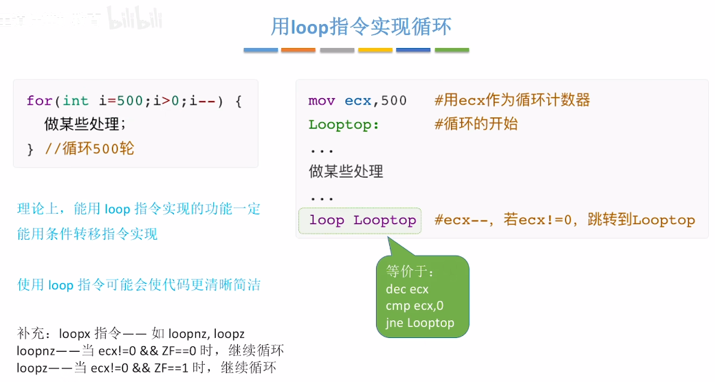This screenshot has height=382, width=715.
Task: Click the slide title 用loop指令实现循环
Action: (x=361, y=27)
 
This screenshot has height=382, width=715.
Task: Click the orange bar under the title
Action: (x=298, y=50)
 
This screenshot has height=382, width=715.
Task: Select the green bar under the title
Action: (x=452, y=50)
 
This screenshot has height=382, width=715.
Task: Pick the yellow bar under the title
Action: (x=375, y=50)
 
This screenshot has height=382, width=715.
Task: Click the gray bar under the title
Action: (x=337, y=50)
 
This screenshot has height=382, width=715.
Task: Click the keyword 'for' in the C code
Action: (x=39, y=101)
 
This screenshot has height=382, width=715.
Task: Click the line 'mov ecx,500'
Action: (x=357, y=101)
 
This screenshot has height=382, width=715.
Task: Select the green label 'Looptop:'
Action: (x=344, y=124)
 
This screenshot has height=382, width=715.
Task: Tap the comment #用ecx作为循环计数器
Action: (x=512, y=101)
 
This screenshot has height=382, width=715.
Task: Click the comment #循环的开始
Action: (x=476, y=124)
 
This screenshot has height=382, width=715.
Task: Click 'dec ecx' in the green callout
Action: (x=407, y=289)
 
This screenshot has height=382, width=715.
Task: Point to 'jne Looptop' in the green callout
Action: (x=419, y=322)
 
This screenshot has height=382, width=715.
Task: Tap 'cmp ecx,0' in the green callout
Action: (x=415, y=306)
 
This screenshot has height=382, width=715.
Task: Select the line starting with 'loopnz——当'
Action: (x=151, y=350)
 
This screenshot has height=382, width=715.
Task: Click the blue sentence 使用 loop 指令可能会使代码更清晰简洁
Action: (x=139, y=285)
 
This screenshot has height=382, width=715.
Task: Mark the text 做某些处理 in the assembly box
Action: (x=346, y=172)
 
